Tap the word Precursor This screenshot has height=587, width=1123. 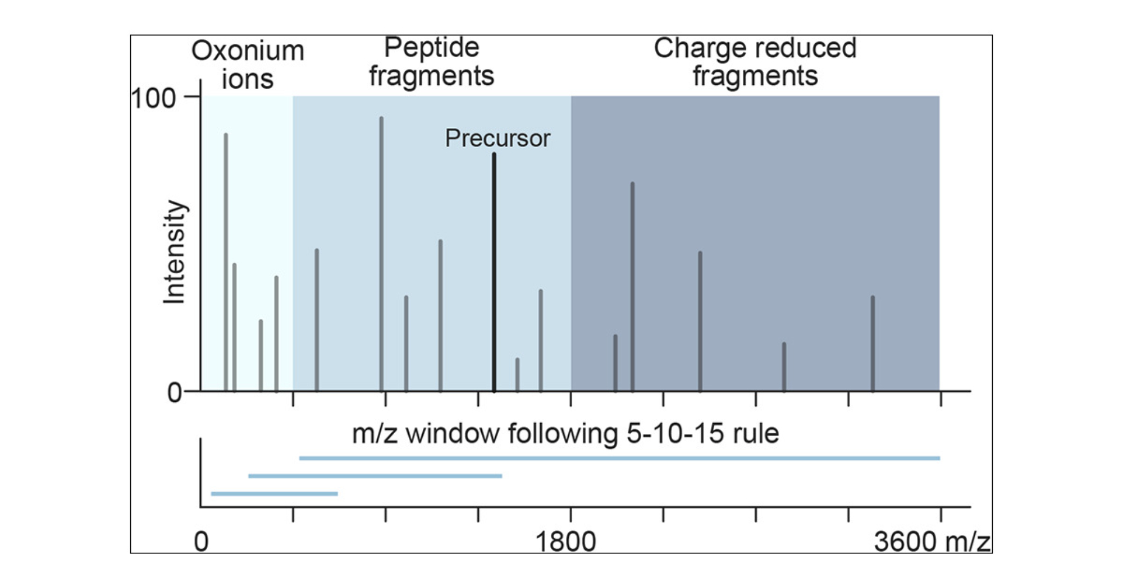pos(497,138)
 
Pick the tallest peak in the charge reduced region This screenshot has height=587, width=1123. pos(632,286)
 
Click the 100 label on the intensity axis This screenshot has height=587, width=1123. pos(153,99)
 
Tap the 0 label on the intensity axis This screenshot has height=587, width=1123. pos(174,393)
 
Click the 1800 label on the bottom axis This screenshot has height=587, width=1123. pos(565,542)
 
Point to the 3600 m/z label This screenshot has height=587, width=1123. pos(932,542)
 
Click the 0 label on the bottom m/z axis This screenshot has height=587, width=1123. pos(201,542)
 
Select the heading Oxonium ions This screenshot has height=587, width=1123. pos(248,65)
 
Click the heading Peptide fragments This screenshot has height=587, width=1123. pos(431,62)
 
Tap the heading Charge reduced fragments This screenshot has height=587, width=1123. pos(755,62)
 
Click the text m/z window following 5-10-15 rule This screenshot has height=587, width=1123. pos(565,434)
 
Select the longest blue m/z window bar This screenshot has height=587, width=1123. pos(619,458)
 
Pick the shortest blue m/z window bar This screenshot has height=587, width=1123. pos(274,494)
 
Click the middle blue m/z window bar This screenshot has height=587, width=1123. pos(375,476)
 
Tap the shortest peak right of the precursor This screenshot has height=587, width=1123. pos(517,374)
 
